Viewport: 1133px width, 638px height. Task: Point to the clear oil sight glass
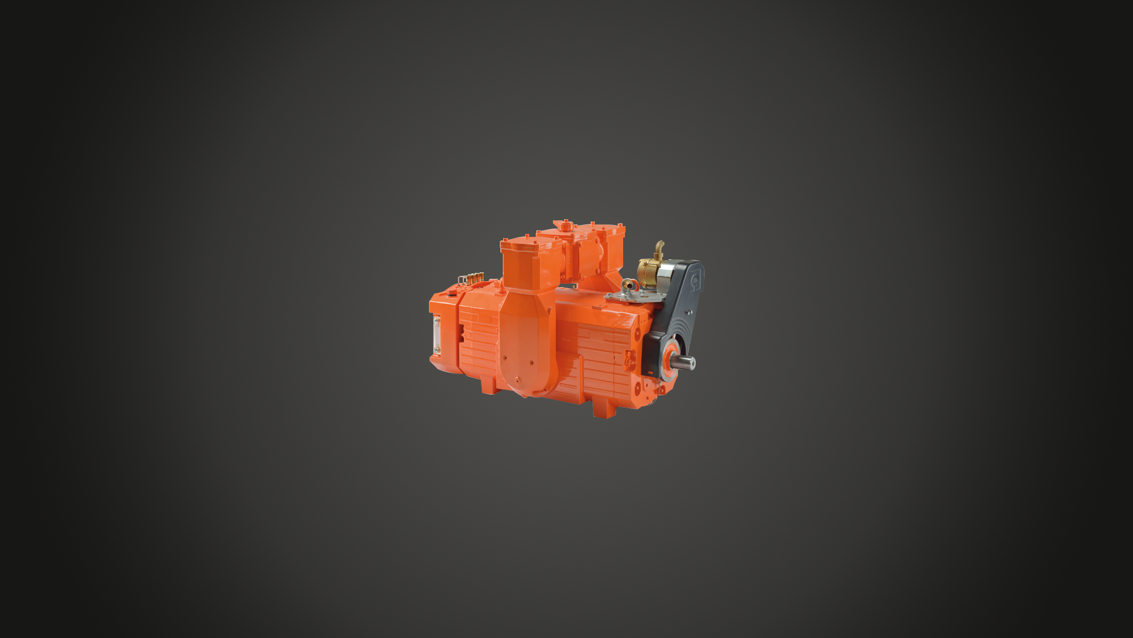437,334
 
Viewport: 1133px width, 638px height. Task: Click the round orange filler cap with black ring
453,291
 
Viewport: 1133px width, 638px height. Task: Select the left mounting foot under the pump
489,387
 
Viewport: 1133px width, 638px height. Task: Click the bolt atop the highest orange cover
566,223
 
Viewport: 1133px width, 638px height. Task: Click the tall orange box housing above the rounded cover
528,263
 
